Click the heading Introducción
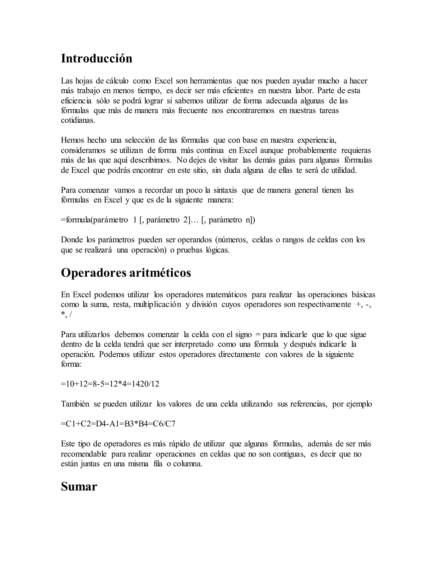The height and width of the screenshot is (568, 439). (96, 58)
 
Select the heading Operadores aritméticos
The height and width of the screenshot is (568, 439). (126, 273)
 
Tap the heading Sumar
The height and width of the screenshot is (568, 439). (79, 486)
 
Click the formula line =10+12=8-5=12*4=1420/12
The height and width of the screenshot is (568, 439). (110, 384)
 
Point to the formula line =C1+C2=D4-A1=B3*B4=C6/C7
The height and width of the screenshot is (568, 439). (118, 424)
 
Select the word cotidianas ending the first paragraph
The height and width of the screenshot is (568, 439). (78, 120)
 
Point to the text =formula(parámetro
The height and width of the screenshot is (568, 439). (94, 220)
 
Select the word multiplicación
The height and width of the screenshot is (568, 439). (157, 305)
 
